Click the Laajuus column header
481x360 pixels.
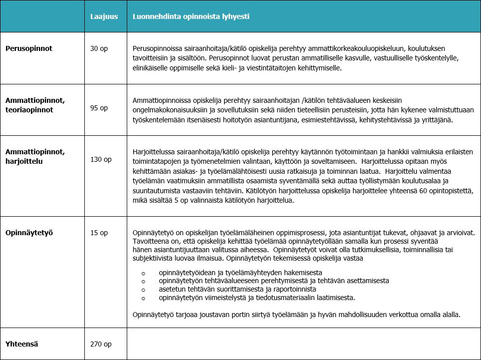tap(104, 16)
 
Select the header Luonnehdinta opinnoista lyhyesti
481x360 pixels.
tap(191, 16)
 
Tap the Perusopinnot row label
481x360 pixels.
tap(29, 48)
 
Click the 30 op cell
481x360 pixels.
tap(99, 48)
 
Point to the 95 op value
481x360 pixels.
tap(99, 108)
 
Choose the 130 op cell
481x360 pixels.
tap(101, 159)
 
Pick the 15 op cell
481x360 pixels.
tap(99, 233)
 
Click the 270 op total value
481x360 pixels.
tap(101, 344)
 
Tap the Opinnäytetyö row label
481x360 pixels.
tap(29, 233)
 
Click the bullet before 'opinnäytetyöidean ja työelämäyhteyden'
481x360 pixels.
tap(143, 273)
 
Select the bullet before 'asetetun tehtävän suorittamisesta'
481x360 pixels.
tap(143, 289)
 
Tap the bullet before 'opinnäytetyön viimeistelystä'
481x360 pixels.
tap(143, 298)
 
